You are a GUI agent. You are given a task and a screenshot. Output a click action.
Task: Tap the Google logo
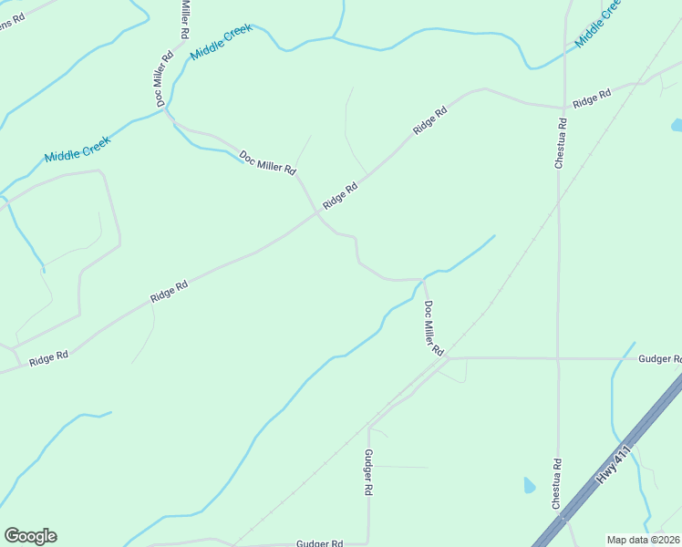[30, 536]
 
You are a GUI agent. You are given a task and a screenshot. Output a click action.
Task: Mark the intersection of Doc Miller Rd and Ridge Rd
[318, 213]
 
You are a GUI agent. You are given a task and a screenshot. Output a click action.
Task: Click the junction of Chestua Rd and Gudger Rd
[557, 358]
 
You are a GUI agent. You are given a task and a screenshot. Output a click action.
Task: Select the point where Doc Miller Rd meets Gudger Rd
[447, 358]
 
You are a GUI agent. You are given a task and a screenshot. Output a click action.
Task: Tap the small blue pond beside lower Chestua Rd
[530, 485]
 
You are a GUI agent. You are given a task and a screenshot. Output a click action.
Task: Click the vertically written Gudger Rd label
[368, 472]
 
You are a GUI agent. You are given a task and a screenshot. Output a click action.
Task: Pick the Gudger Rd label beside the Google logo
[319, 543]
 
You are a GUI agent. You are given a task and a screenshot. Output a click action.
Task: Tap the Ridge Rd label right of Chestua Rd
[591, 98]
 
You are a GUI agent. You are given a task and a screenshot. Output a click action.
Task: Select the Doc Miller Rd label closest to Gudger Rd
[433, 328]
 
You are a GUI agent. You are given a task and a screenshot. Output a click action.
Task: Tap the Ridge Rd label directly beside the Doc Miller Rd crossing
[340, 194]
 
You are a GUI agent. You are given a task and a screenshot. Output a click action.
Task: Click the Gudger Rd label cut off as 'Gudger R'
[659, 359]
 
